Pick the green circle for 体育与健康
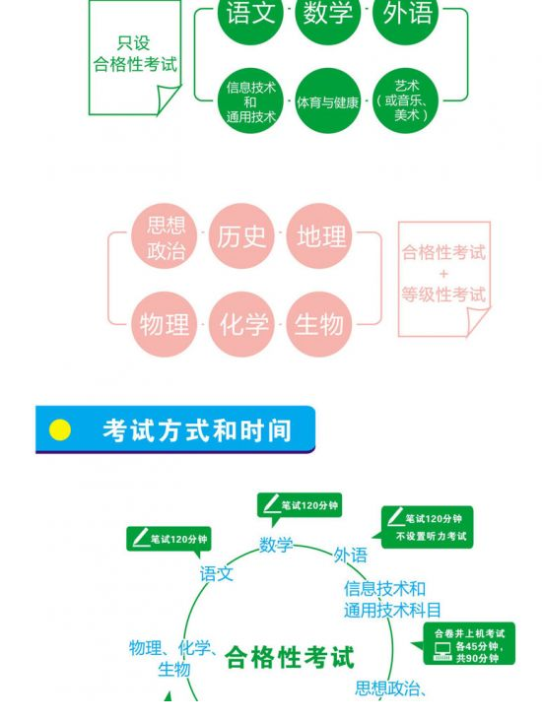pos(327,101)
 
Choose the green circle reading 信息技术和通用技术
pos(250,101)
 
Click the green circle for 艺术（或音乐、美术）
pos(405,101)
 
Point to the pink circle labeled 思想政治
pos(165,236)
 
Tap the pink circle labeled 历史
pos(241,236)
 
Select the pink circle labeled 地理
pos(319,236)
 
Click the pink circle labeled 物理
pos(165,324)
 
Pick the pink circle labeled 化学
pos(241,324)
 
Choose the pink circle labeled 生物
pos(319,324)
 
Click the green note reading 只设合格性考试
pos(135,57)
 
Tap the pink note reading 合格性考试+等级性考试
pos(443,279)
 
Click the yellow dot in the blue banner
pos(60,430)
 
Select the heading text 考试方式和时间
pos(197,430)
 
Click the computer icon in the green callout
pos(442,651)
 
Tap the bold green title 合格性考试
pos(290,657)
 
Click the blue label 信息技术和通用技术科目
pos(392,599)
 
